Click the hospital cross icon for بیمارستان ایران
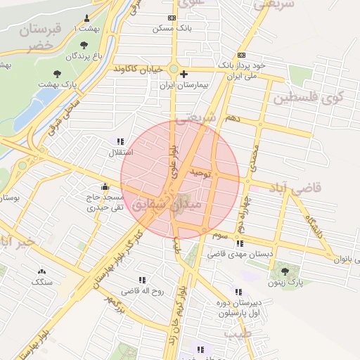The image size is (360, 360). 184,74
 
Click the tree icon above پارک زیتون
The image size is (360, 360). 285,271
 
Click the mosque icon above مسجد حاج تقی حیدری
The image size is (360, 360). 105,187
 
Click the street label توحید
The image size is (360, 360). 200,172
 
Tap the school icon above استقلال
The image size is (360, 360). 120,141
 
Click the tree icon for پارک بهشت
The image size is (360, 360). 56,73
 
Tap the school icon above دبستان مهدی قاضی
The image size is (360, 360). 240,243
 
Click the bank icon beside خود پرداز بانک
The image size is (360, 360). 242,55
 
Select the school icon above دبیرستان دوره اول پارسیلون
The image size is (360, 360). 238,291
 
